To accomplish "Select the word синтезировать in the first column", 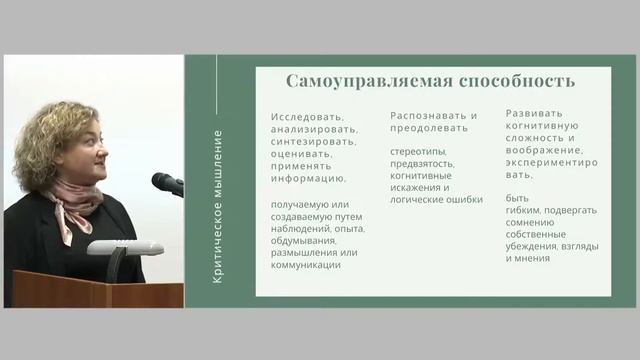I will pos(310,141).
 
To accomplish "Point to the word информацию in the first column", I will pos(308,180).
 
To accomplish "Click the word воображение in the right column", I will pos(546,149).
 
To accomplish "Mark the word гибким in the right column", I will pos(523,210).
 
